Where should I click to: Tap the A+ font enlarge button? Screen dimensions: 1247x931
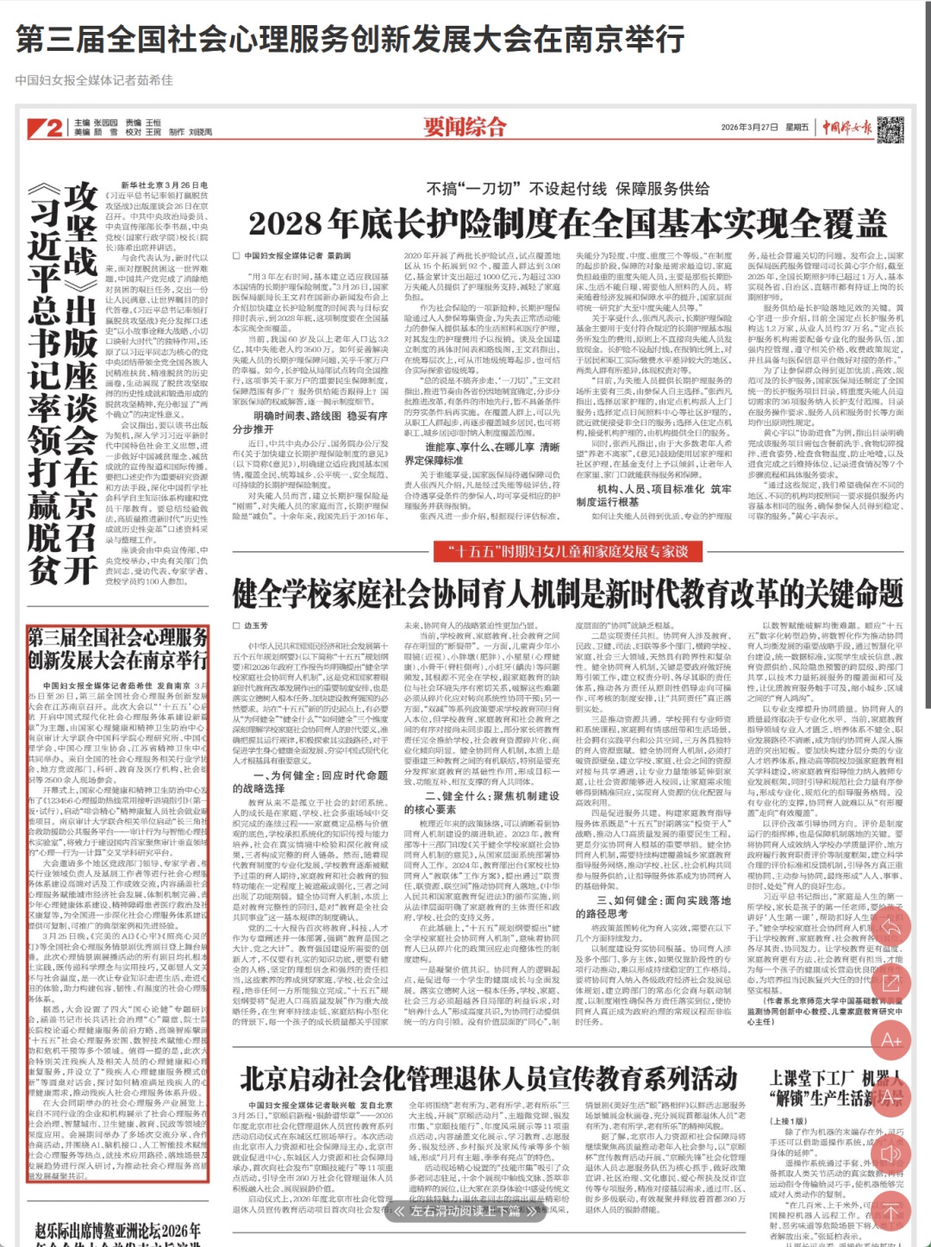(x=890, y=1041)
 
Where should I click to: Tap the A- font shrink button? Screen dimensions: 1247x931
(x=890, y=1097)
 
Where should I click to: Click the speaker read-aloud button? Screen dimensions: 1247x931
(x=890, y=1154)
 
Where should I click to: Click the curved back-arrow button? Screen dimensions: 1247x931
(x=890, y=926)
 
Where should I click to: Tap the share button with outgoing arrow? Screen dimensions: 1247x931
(x=890, y=983)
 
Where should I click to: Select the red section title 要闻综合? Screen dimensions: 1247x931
(x=465, y=127)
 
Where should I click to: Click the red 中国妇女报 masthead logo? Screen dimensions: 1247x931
(x=847, y=128)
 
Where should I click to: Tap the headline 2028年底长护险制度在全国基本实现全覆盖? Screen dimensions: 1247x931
(x=567, y=223)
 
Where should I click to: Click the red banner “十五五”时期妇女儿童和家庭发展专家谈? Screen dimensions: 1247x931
(x=567, y=551)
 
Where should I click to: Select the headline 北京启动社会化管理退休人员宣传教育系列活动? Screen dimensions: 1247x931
(x=489, y=1078)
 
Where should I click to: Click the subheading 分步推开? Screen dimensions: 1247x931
(x=252, y=429)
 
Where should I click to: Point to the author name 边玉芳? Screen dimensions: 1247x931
(x=256, y=625)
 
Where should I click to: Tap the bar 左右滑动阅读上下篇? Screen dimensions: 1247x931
(x=465, y=1211)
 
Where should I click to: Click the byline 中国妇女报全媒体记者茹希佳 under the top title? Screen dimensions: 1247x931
(x=94, y=80)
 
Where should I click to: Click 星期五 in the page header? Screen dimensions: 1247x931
(x=797, y=128)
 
